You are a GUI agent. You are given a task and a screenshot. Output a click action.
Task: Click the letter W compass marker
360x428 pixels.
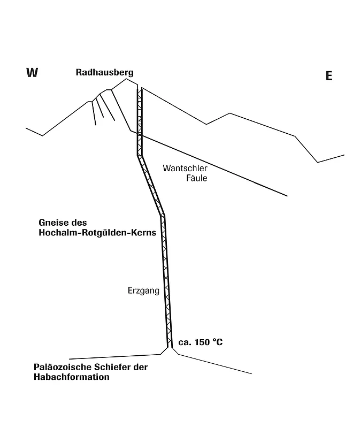point(32,73)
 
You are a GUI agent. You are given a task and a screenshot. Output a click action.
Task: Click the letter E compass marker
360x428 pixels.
point(329,75)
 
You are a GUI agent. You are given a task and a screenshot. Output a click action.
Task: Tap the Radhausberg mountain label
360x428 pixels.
point(104,73)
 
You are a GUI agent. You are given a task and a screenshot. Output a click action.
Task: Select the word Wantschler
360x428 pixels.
point(185,168)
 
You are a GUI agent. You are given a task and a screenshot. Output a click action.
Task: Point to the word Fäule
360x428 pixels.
point(197,178)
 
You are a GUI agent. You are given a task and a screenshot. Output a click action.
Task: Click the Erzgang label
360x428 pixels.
point(143,291)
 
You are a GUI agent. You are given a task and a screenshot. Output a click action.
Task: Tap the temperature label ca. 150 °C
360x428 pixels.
point(201,342)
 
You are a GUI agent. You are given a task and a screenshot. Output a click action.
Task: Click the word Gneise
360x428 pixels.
point(53,223)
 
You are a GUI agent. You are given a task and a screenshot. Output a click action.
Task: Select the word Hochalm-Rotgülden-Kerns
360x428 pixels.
point(97,233)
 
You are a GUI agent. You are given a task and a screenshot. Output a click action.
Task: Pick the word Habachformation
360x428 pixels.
point(72,377)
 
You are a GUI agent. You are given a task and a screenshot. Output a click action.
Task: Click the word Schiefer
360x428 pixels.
point(112,367)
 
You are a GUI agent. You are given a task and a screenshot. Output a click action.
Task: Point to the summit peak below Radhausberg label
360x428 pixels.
point(126,79)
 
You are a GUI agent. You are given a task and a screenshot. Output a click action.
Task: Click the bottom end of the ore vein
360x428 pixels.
point(170,347)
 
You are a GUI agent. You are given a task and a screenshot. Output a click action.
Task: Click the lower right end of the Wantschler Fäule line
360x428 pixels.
point(287,196)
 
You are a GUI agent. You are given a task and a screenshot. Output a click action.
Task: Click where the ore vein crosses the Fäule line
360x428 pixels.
point(140,135)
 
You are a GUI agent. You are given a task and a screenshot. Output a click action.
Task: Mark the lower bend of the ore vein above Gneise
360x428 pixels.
point(163,216)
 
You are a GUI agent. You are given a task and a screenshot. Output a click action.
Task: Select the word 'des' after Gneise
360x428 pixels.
point(79,223)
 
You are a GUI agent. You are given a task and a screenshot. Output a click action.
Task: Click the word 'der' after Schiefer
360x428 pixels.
point(141,367)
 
